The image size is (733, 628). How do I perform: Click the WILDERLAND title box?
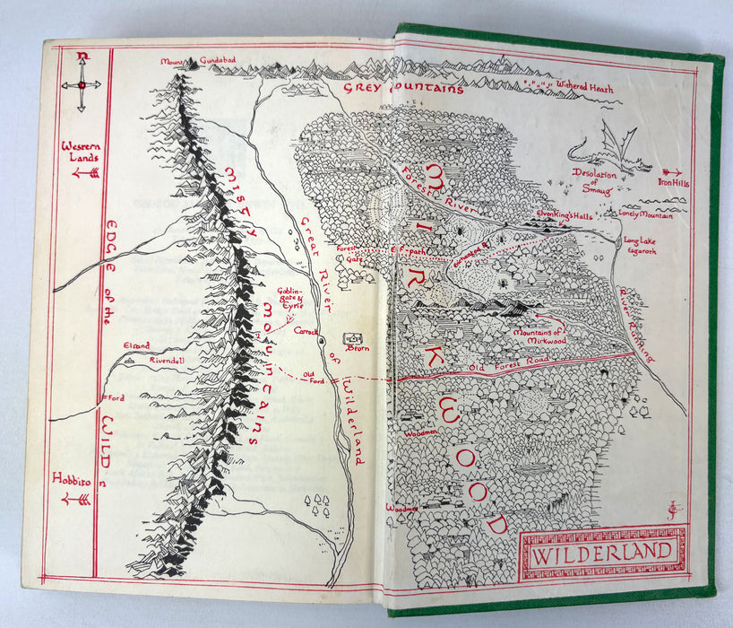coord(602,552)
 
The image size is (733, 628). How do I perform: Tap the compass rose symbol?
coord(82,84)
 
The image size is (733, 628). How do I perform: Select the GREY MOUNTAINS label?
coord(403,89)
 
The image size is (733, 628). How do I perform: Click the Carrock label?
coord(308,331)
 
